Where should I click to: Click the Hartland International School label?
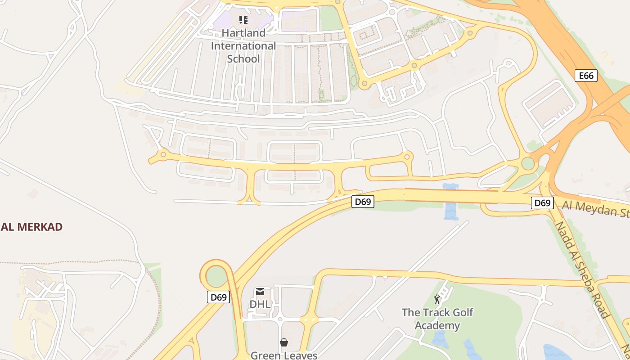click(x=243, y=46)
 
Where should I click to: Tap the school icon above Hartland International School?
click(x=243, y=20)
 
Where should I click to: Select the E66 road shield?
click(x=586, y=76)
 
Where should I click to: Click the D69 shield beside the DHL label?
click(x=219, y=297)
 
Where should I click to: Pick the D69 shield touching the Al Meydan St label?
click(x=542, y=203)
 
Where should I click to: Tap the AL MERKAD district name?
click(x=31, y=227)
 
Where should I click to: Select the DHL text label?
click(x=260, y=304)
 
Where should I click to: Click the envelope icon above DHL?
click(x=260, y=292)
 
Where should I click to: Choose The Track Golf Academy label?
click(x=437, y=319)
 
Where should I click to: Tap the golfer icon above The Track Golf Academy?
click(x=437, y=299)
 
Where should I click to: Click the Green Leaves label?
click(x=284, y=355)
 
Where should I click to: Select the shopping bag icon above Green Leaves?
click(x=284, y=343)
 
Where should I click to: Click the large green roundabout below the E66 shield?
click(x=528, y=163)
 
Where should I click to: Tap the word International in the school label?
click(x=243, y=46)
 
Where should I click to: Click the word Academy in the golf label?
click(x=437, y=325)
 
